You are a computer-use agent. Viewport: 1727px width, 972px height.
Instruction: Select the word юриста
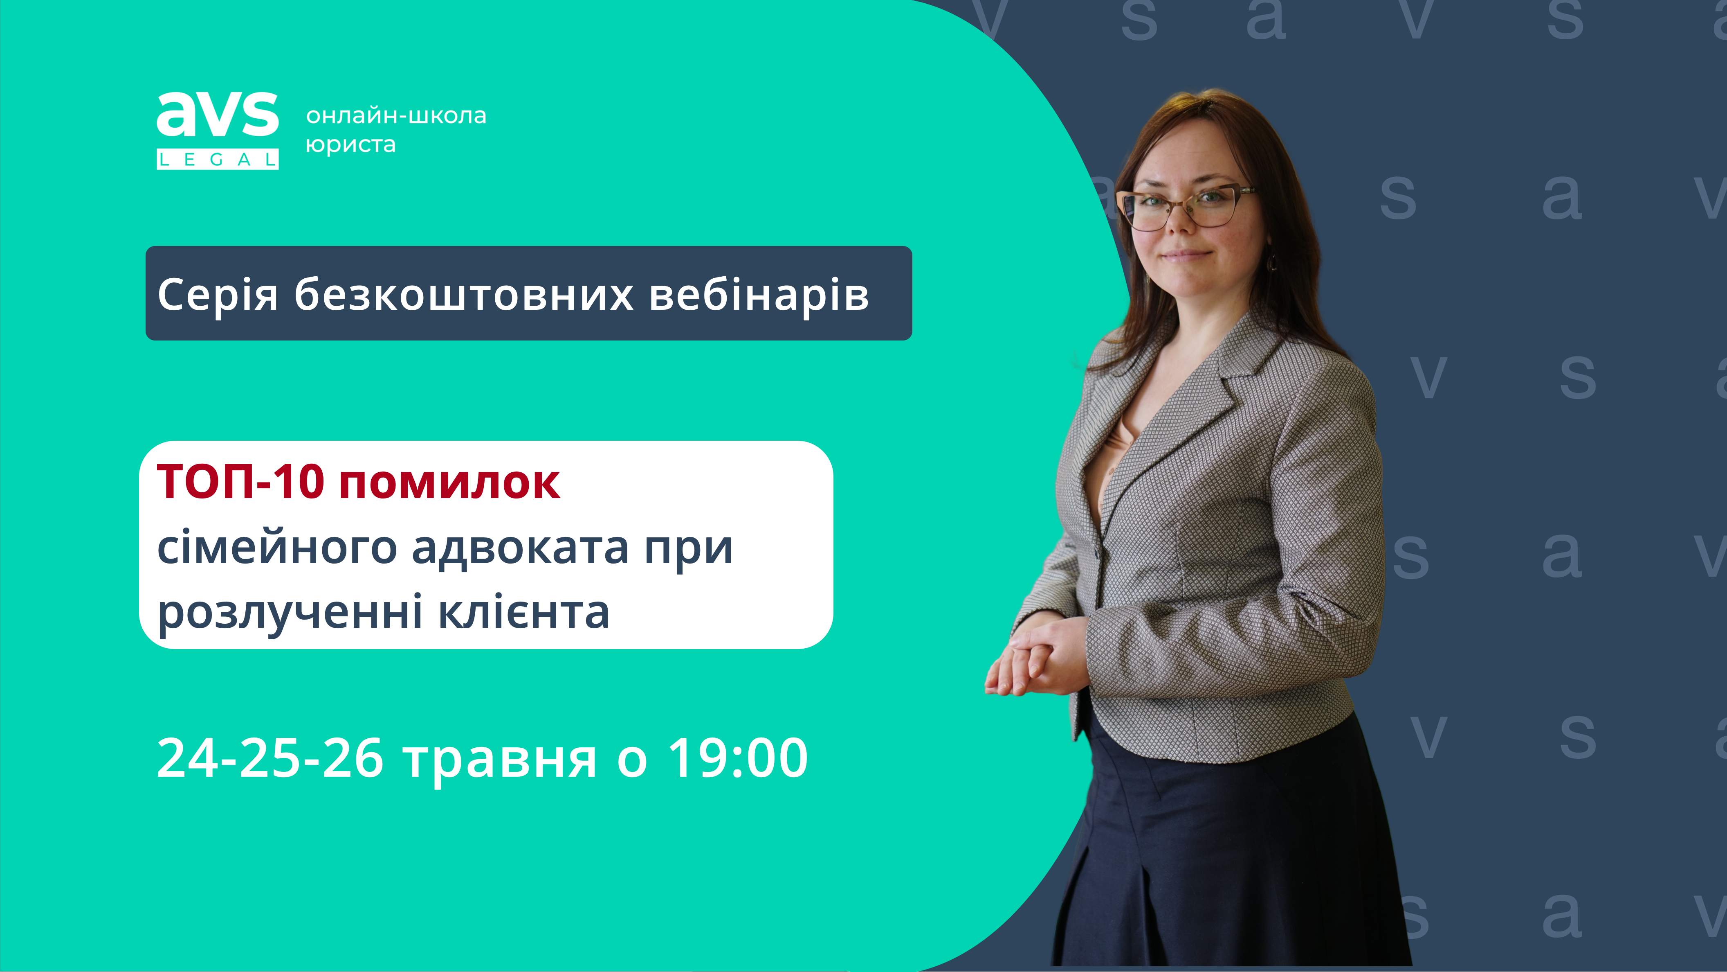(x=350, y=145)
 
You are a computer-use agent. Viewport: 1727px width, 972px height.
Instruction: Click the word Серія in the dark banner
(x=218, y=295)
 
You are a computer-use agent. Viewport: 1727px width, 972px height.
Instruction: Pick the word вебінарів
(x=759, y=295)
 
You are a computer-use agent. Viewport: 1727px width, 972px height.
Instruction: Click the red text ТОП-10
(x=241, y=482)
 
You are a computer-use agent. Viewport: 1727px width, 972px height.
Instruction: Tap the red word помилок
(x=450, y=484)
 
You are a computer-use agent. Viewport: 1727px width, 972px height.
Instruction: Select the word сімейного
(x=277, y=548)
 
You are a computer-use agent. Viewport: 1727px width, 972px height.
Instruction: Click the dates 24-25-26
(x=270, y=758)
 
